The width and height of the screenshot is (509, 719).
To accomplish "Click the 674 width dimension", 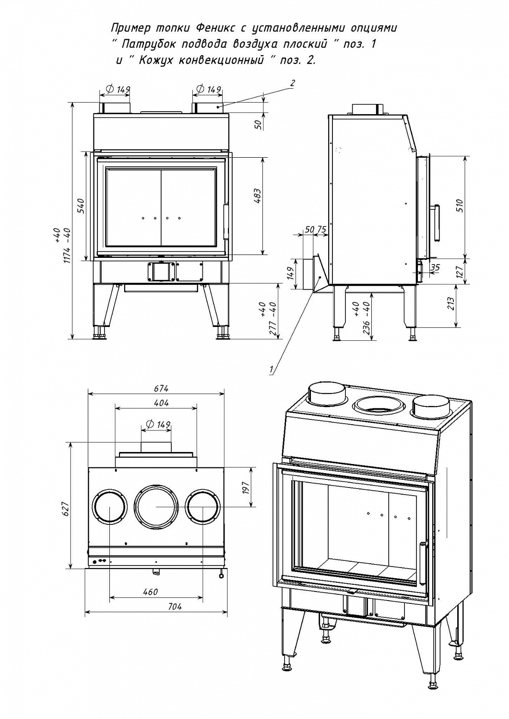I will (162, 388).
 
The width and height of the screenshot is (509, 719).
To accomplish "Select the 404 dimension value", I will (162, 403).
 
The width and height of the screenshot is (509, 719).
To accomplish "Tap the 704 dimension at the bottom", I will (175, 606).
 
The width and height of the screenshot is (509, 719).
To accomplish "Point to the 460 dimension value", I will (151, 592).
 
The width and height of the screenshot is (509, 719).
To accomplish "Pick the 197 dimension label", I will (246, 488).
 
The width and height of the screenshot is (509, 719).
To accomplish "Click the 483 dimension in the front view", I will (257, 197).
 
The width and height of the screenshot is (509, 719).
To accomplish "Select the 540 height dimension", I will (81, 205).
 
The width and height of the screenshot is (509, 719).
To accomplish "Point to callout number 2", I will (292, 83).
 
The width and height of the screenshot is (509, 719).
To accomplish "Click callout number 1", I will (272, 370).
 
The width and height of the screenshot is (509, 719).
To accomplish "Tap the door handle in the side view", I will (437, 223).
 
